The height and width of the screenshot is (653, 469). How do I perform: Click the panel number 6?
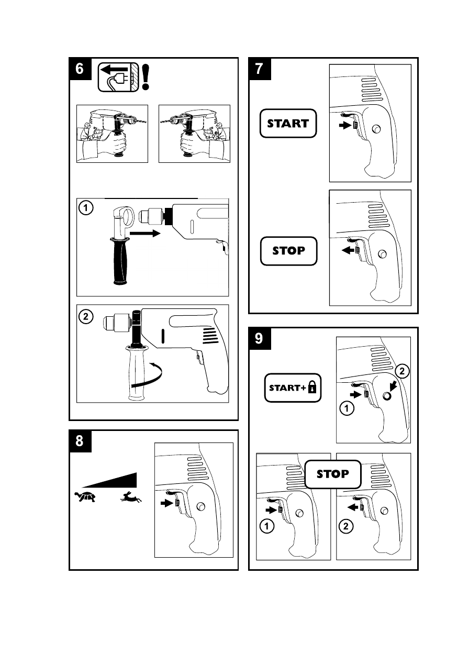click(x=80, y=69)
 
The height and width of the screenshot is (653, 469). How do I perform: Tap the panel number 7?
click(x=259, y=69)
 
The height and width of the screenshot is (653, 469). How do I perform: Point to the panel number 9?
click(x=259, y=339)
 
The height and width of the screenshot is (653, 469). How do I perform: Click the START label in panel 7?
click(x=288, y=124)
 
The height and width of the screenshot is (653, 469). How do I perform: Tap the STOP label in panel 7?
click(x=288, y=251)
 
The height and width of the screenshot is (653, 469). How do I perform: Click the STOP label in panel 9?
click(x=333, y=474)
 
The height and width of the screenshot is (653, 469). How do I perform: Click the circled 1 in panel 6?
click(x=86, y=208)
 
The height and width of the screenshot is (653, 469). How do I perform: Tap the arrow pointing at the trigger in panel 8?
click(x=167, y=503)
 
